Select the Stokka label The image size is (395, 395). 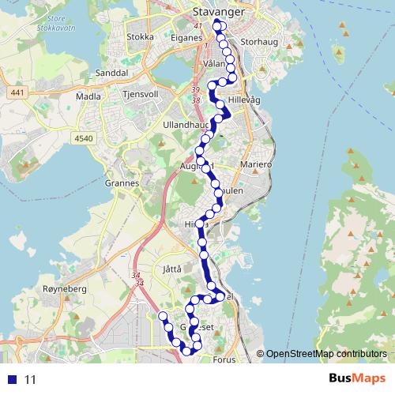click(x=140, y=36)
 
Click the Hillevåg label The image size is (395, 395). click(x=243, y=102)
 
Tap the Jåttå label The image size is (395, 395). click(x=171, y=269)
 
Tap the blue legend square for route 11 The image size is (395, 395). click(x=13, y=380)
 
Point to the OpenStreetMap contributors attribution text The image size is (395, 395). click(x=325, y=354)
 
